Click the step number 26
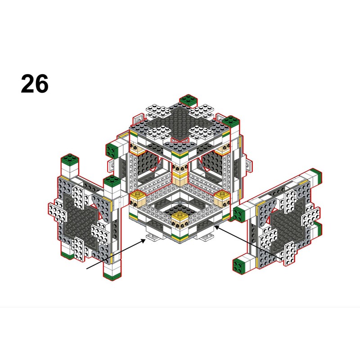35,84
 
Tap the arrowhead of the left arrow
143,241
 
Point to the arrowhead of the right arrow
217,228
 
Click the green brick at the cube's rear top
188,100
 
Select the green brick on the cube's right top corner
231,121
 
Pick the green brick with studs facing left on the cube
112,150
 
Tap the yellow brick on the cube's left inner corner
138,198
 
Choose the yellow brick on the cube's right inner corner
222,198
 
